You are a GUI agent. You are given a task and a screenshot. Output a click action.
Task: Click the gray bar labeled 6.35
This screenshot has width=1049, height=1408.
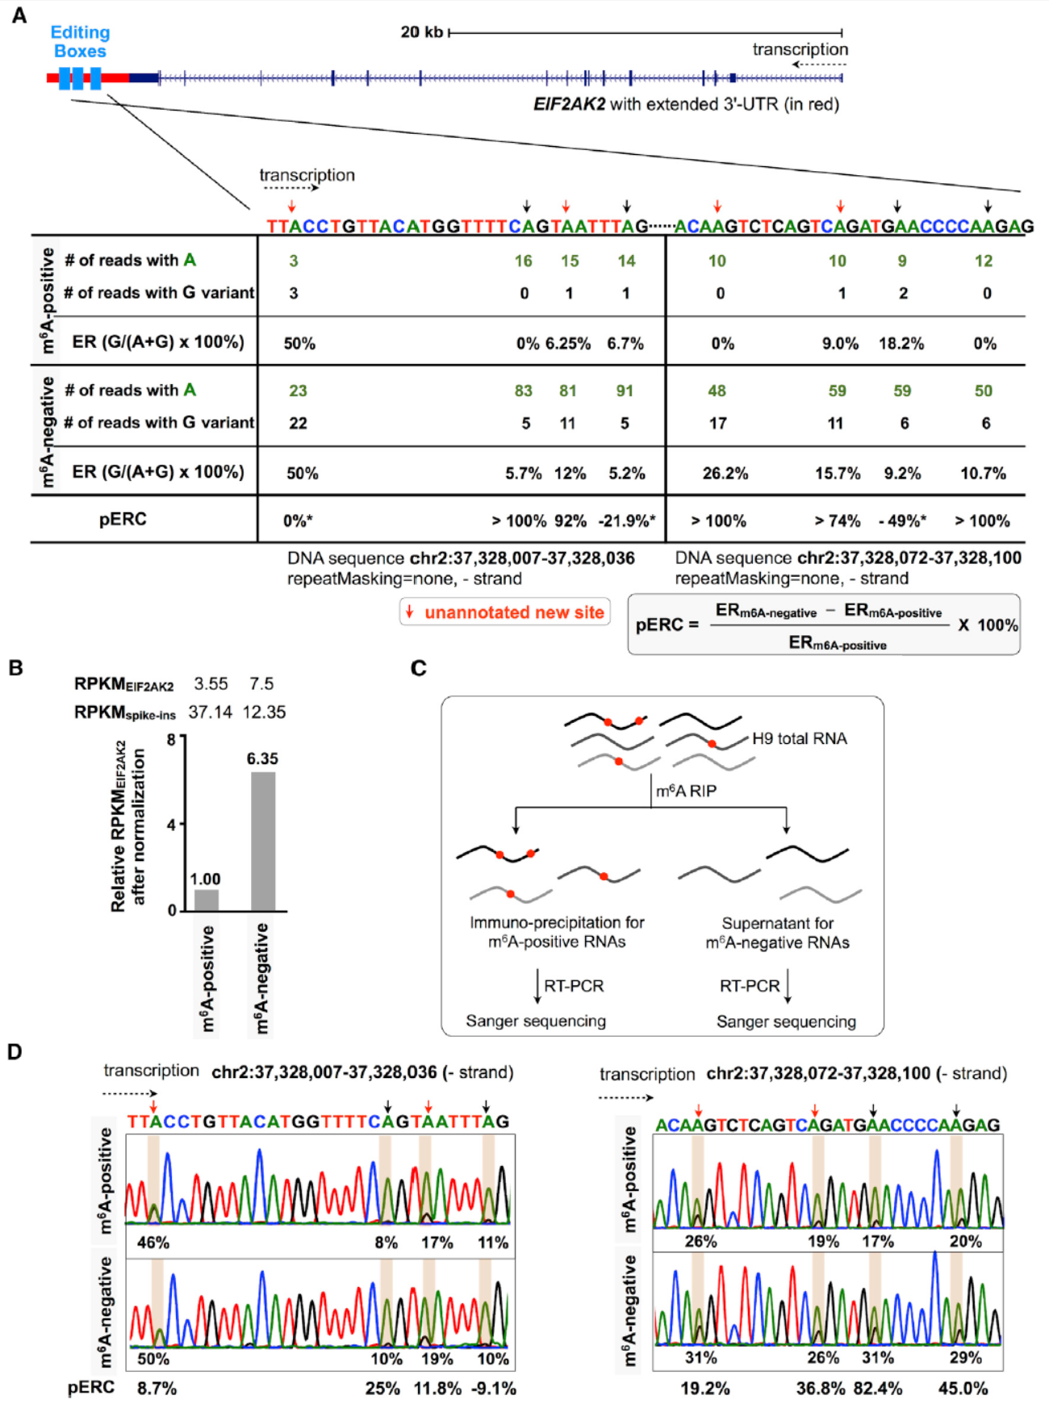click(263, 842)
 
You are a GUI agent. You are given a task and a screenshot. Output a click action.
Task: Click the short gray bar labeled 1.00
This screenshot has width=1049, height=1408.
click(207, 900)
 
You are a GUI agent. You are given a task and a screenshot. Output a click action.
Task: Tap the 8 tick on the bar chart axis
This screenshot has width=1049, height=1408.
click(171, 739)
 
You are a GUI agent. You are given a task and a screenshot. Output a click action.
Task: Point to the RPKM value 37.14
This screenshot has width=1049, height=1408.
click(211, 712)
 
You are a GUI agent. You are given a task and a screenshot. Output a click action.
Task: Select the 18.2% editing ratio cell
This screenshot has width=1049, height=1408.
click(901, 344)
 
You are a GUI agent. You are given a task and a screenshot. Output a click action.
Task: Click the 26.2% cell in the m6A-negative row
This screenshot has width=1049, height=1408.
click(725, 474)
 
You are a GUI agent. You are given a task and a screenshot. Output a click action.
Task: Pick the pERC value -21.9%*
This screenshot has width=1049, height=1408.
click(627, 521)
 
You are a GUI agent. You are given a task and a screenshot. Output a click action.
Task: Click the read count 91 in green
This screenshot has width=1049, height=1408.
click(625, 391)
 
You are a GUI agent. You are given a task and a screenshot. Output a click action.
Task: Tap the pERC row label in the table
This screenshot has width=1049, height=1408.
click(123, 519)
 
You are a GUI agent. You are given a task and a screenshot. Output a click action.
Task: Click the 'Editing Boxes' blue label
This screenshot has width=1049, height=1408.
click(80, 42)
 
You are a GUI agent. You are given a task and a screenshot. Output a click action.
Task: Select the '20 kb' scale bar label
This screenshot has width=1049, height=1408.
click(422, 32)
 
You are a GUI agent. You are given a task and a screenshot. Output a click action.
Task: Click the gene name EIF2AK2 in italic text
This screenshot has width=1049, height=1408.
click(569, 104)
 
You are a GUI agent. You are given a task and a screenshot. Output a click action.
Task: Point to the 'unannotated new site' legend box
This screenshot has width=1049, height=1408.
click(505, 612)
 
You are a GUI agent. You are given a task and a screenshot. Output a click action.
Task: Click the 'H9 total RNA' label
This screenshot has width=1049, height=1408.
click(799, 738)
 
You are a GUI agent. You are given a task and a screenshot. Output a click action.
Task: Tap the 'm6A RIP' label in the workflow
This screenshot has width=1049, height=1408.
click(686, 792)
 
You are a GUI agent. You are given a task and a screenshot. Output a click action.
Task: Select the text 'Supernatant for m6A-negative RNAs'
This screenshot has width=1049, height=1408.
click(777, 933)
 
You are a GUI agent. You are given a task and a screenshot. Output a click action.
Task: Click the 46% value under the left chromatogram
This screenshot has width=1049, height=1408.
click(153, 1243)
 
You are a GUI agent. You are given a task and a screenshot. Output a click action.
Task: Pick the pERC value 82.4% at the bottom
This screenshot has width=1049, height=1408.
click(878, 1389)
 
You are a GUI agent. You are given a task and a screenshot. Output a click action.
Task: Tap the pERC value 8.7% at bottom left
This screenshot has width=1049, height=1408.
click(157, 1389)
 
